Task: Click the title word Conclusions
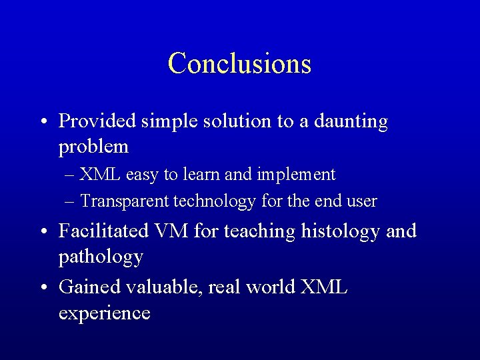click(x=239, y=63)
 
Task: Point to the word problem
click(x=93, y=145)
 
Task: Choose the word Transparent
click(x=124, y=200)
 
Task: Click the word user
click(x=362, y=200)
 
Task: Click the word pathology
click(x=101, y=255)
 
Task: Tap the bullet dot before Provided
click(x=43, y=123)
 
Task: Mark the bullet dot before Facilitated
click(x=43, y=232)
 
